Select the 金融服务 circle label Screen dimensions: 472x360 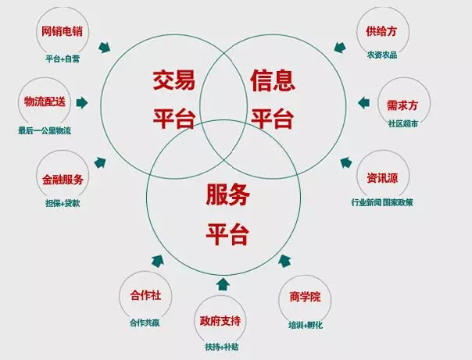(63, 179)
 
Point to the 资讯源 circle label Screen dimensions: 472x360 (382, 177)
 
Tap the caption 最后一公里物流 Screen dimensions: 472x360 (44, 130)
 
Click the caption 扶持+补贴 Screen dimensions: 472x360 (220, 346)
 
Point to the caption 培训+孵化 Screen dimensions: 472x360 (300, 323)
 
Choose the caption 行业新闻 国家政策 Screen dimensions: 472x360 (382, 203)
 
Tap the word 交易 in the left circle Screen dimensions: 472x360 (173, 80)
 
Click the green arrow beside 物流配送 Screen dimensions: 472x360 (83, 102)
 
